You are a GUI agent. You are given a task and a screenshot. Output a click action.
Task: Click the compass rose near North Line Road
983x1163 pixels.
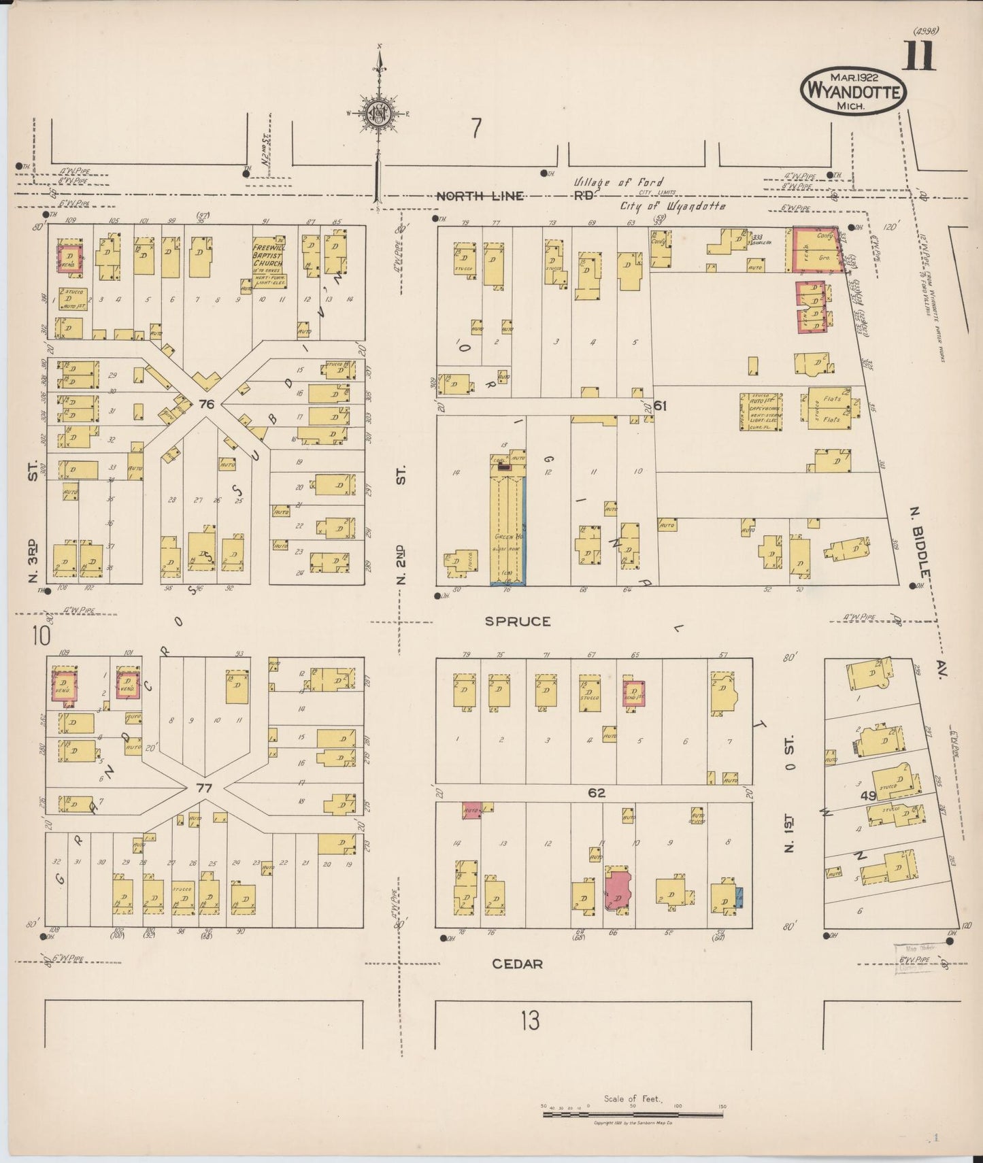pos(378,114)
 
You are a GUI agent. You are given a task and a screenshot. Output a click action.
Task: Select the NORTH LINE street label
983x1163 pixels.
pos(480,196)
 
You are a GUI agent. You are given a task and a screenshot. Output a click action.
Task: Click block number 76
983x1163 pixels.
pos(206,404)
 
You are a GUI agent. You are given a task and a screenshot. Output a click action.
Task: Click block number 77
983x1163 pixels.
pos(204,788)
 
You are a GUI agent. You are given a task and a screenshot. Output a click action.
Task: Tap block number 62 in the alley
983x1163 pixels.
pos(597,792)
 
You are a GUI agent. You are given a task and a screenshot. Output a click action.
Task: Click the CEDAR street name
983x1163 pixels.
pos(517,964)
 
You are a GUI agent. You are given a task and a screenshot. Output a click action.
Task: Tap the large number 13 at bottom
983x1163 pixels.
pos(530,1020)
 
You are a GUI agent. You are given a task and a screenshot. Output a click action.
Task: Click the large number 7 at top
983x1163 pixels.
pos(476,128)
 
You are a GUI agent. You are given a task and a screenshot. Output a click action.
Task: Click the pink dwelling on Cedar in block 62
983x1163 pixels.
pos(618,890)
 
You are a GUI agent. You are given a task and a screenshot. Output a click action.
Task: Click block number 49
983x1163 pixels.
pos(867,796)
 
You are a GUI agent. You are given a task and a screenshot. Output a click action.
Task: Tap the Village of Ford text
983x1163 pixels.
pos(618,182)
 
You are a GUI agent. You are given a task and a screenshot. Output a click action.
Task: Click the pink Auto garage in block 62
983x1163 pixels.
pos(471,811)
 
